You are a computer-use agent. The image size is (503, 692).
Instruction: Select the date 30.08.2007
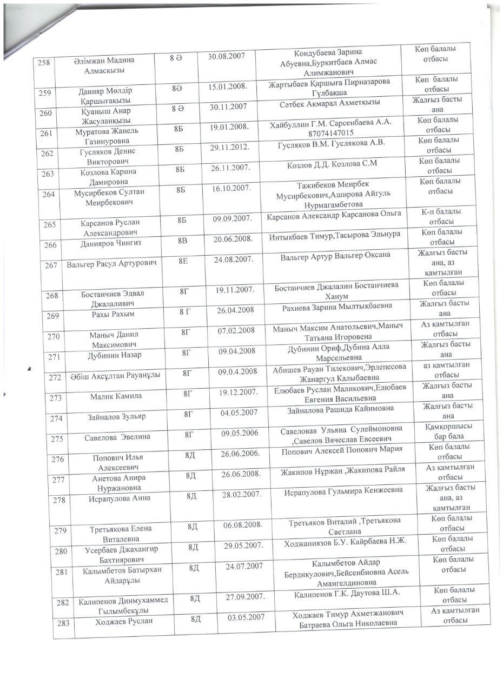pyautogui.click(x=227, y=57)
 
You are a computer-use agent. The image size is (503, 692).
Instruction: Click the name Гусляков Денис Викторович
pyautogui.click(x=107, y=156)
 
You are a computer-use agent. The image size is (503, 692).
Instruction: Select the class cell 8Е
pyautogui.click(x=183, y=261)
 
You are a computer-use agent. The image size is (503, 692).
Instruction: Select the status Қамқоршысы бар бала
pyautogui.click(x=445, y=431)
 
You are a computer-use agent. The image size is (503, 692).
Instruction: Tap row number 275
pyautogui.click(x=57, y=439)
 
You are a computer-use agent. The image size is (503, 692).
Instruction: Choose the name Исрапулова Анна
pyautogui.click(x=120, y=498)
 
